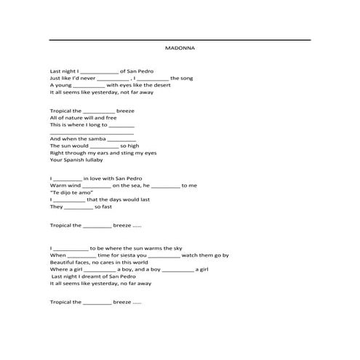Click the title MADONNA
(180, 49)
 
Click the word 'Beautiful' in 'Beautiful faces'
(63, 263)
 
